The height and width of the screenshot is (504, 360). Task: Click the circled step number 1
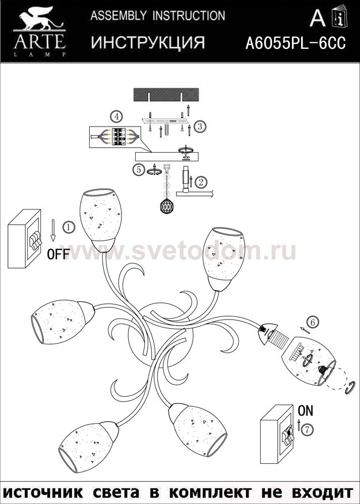(x=69, y=227)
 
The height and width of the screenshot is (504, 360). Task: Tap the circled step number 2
(x=202, y=182)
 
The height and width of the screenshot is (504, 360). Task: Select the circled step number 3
(x=200, y=126)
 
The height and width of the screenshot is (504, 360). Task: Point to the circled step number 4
(x=116, y=116)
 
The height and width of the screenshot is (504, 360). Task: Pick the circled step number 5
(x=139, y=169)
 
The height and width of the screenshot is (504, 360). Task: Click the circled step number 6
(x=313, y=322)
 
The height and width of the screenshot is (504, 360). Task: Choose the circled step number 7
(x=308, y=430)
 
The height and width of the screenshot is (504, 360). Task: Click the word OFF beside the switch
(x=58, y=255)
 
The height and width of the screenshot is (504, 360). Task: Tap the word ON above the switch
(x=306, y=410)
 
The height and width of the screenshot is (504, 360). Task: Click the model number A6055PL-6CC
(x=295, y=43)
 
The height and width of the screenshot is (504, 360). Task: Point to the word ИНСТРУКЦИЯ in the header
(x=148, y=42)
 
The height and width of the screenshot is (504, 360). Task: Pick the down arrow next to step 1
(x=53, y=230)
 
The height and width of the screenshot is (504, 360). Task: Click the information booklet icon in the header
(x=339, y=17)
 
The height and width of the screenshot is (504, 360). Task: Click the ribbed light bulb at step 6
(x=279, y=339)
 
